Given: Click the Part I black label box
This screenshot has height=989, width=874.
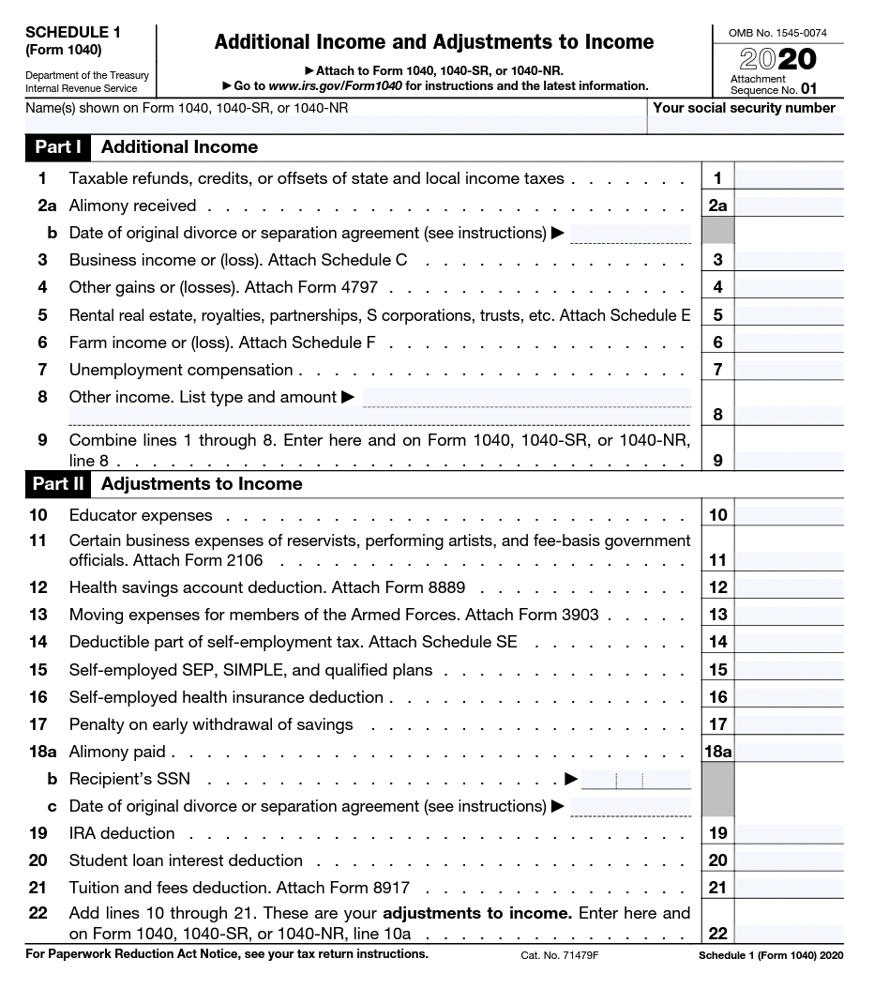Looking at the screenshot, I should pos(58,147).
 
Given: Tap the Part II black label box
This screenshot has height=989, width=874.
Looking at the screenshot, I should pos(58,484).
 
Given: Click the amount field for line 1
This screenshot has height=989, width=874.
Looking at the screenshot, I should pos(788,178).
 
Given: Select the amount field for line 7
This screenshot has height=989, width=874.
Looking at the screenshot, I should pos(788,370).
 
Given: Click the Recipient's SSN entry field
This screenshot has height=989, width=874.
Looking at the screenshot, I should pos(636,779).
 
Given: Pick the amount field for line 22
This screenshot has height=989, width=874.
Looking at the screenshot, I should pos(788,933).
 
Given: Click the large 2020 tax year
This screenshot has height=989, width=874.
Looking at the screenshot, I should pos(777,60).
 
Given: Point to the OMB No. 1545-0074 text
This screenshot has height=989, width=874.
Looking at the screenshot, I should pos(777,34).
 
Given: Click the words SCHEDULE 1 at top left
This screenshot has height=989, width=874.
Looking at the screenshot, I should pos(67,32).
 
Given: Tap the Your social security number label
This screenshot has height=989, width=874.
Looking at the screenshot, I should pos(744,108).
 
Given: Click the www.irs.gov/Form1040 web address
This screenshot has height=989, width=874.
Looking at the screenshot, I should pos(328,85).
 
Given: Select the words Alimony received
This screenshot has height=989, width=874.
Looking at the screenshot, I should pos(132,205).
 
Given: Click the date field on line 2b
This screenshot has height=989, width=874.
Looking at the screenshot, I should pos(629,233).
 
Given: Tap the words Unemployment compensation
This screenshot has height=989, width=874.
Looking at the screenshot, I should pos(181,370).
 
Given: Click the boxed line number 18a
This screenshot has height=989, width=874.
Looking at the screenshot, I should pos(717,752).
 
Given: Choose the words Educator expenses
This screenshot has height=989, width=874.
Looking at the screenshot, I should pos(141,515).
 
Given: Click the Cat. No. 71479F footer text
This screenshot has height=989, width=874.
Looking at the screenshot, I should pos(559,955).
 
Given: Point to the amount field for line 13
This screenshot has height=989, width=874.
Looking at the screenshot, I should pos(788,616).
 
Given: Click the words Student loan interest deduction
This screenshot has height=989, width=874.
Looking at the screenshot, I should pos(186,860).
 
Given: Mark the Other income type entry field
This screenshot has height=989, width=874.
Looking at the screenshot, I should pos(526,398).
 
